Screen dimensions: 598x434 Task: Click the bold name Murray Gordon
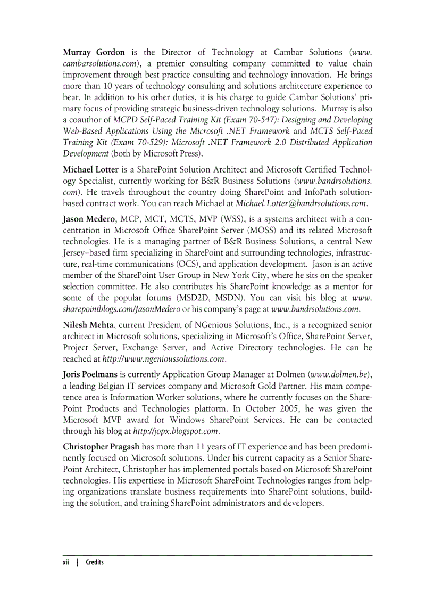pos(94,52)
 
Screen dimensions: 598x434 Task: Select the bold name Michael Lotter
pos(90,169)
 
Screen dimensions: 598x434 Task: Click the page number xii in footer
pos(66,562)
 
